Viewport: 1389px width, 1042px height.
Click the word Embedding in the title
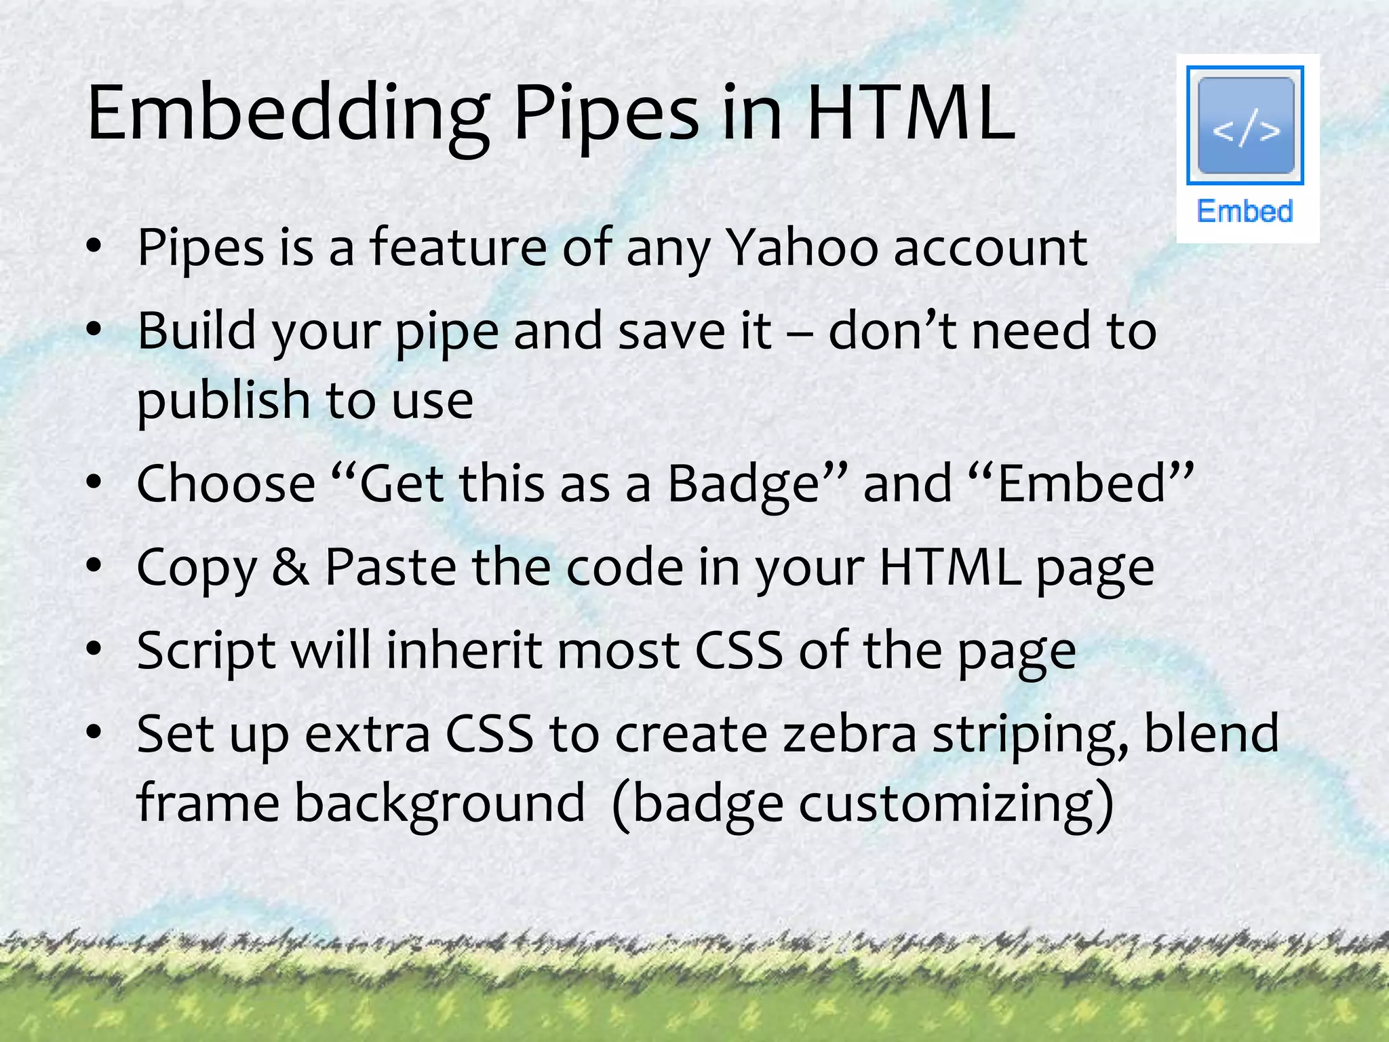(288, 115)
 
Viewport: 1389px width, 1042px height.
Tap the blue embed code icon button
(1245, 126)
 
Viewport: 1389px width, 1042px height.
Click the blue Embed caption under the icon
(1245, 211)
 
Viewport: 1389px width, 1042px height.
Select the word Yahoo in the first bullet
(802, 248)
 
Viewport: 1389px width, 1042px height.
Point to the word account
(990, 248)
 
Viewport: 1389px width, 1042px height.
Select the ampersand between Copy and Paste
(290, 567)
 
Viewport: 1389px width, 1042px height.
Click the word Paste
(391, 567)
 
